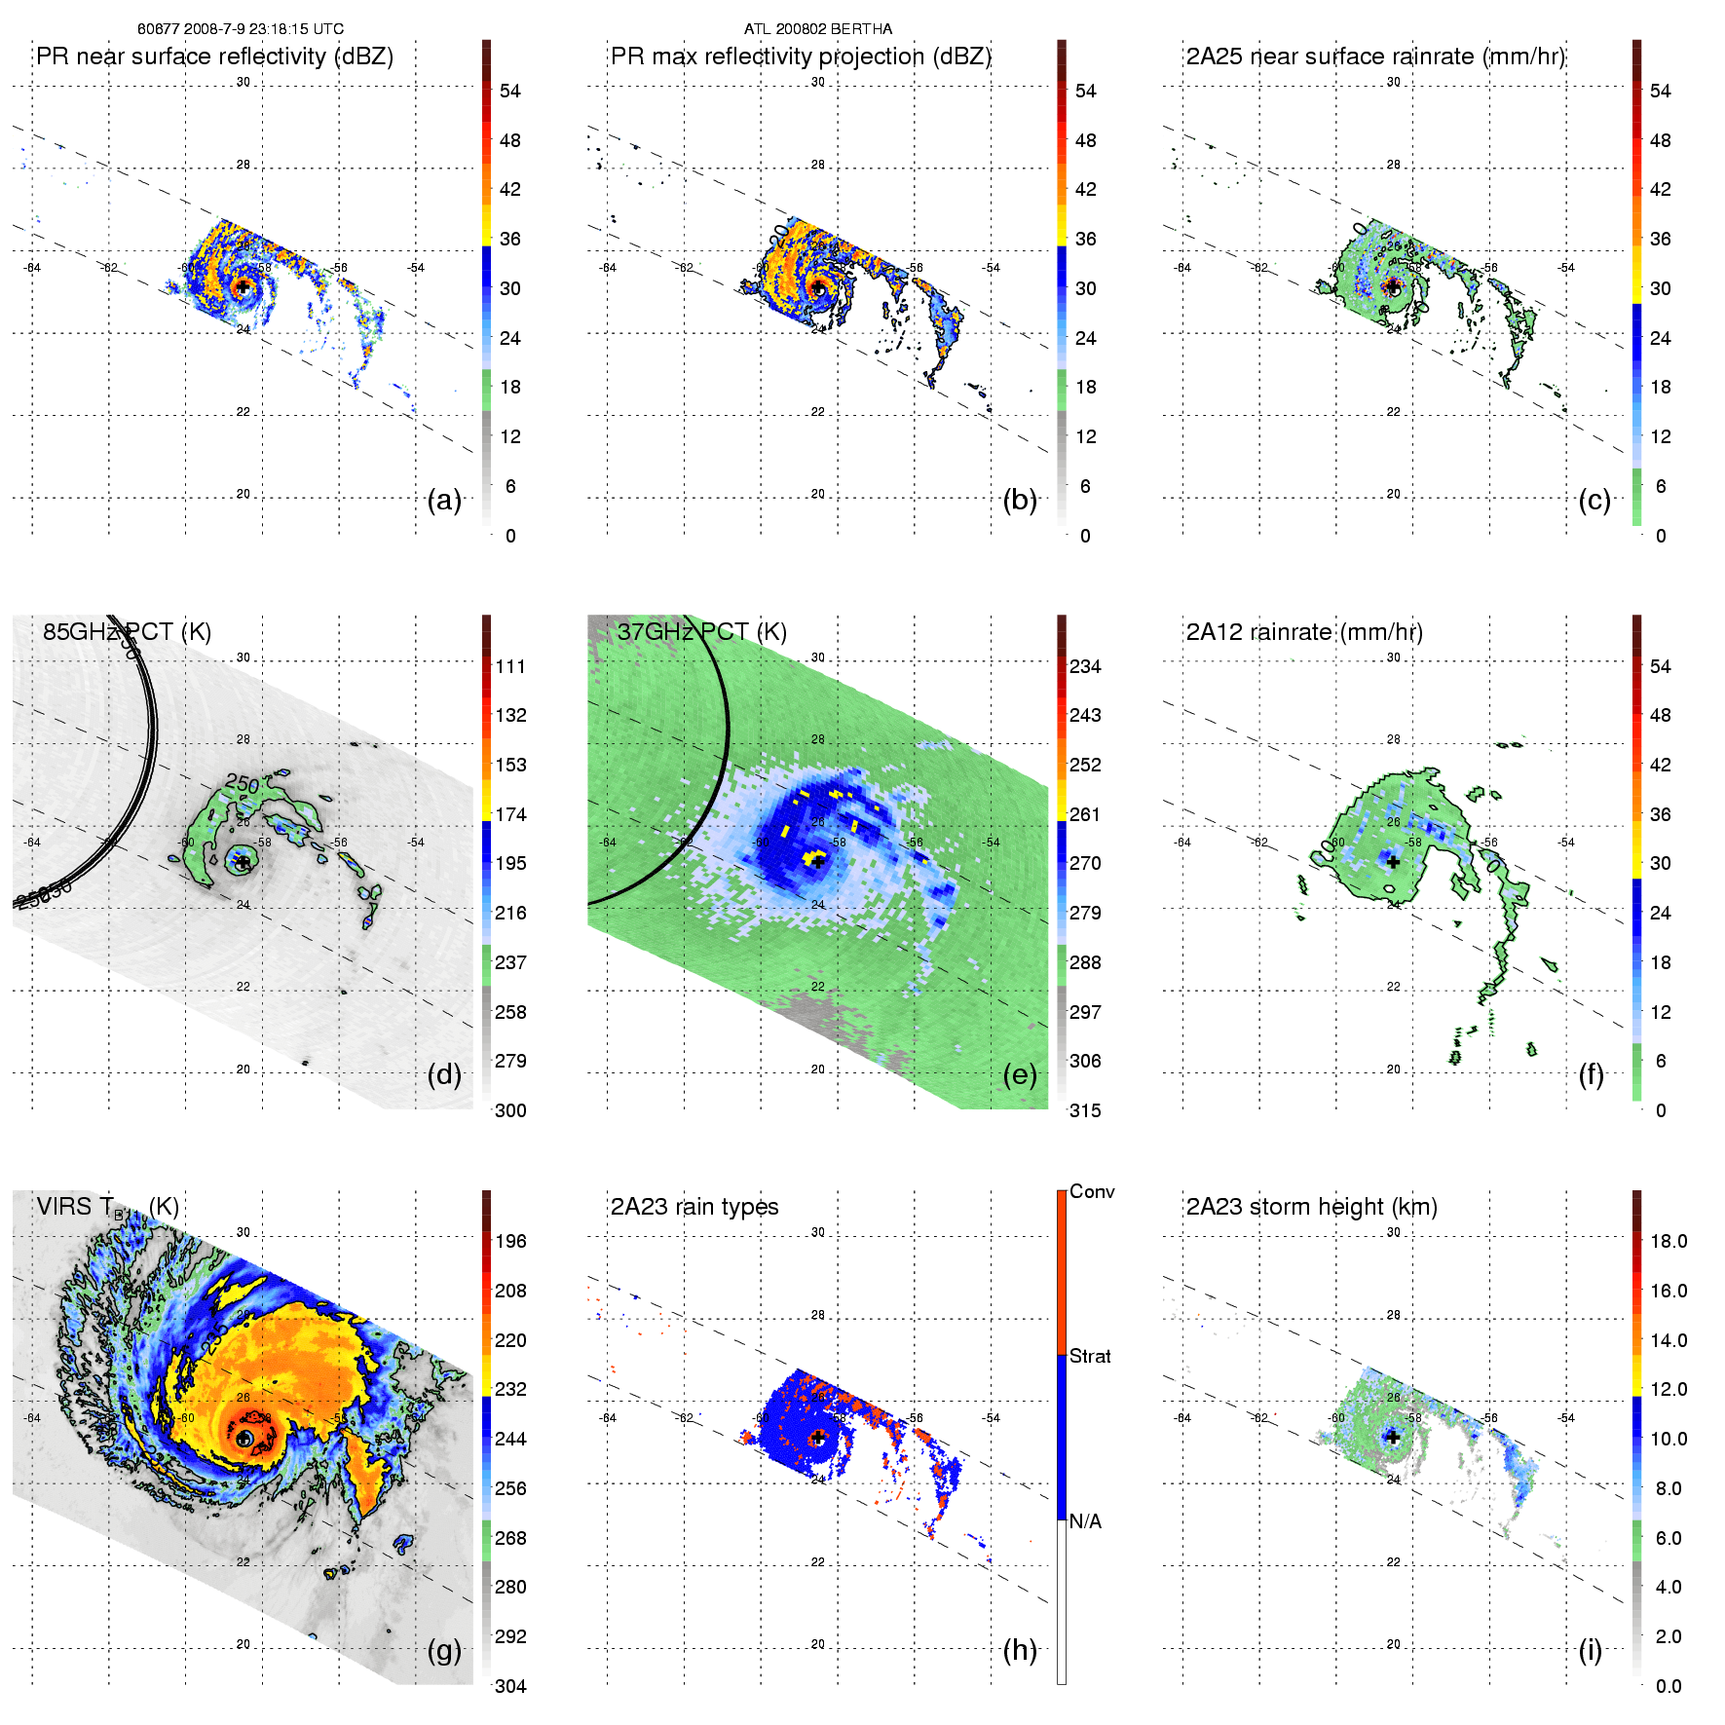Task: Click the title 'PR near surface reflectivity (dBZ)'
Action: [214, 56]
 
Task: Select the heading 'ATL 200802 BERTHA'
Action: [818, 29]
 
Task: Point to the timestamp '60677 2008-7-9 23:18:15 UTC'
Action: [240, 29]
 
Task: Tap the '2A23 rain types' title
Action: [694, 1207]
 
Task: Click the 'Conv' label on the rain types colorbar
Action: [1092, 1191]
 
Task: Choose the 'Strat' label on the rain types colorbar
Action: [1090, 1356]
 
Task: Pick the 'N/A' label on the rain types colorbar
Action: [1085, 1521]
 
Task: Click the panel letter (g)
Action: [444, 1650]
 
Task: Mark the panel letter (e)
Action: [1020, 1074]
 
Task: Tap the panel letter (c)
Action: [1594, 500]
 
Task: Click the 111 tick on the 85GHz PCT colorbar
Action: [510, 666]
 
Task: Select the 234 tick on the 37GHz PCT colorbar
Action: [1085, 666]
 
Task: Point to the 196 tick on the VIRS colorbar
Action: [510, 1241]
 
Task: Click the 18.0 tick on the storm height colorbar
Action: [1669, 1241]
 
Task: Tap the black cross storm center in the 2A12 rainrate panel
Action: [1393, 862]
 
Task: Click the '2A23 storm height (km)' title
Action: [1311, 1207]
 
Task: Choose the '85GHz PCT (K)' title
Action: [127, 632]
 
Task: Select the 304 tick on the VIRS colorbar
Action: [510, 1686]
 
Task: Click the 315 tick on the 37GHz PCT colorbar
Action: [1085, 1110]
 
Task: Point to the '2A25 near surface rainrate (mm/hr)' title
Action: [1375, 56]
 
